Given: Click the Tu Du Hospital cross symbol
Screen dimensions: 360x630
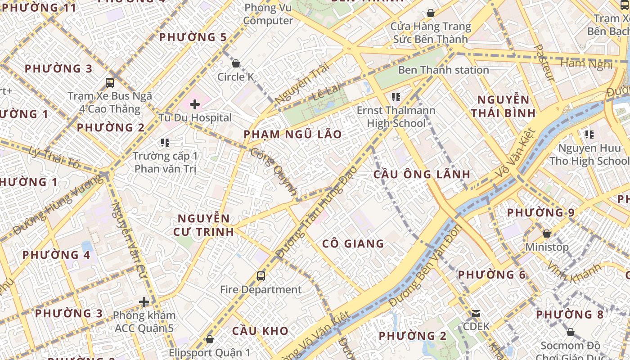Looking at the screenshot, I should click(x=194, y=105).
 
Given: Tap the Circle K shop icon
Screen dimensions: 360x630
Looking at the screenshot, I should click(x=235, y=63).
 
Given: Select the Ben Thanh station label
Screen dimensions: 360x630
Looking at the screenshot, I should click(x=443, y=70).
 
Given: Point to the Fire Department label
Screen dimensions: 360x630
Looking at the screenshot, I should click(x=261, y=290).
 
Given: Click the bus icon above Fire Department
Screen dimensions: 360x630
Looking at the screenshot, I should click(x=261, y=276).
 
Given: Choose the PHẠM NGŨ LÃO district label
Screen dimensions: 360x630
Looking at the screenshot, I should click(x=292, y=134).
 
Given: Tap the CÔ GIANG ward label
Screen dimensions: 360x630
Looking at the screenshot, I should click(x=353, y=244).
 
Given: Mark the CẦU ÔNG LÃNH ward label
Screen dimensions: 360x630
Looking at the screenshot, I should click(x=422, y=174).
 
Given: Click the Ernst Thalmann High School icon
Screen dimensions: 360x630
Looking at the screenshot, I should click(x=396, y=97).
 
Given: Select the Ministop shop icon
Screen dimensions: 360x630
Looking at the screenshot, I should click(x=547, y=234).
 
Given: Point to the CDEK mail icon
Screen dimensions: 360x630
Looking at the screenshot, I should click(x=476, y=313).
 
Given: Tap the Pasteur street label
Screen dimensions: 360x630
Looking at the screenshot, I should click(x=544, y=63).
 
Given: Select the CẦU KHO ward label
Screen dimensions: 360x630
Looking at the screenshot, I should click(x=260, y=331).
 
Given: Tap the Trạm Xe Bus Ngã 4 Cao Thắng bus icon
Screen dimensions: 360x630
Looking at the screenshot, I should click(x=110, y=82).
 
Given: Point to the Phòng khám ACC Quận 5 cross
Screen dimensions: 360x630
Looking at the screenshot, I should click(x=144, y=302).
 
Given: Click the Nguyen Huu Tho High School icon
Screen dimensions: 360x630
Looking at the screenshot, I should click(x=589, y=134).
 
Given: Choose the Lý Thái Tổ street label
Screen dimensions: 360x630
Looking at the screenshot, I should click(x=54, y=158).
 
